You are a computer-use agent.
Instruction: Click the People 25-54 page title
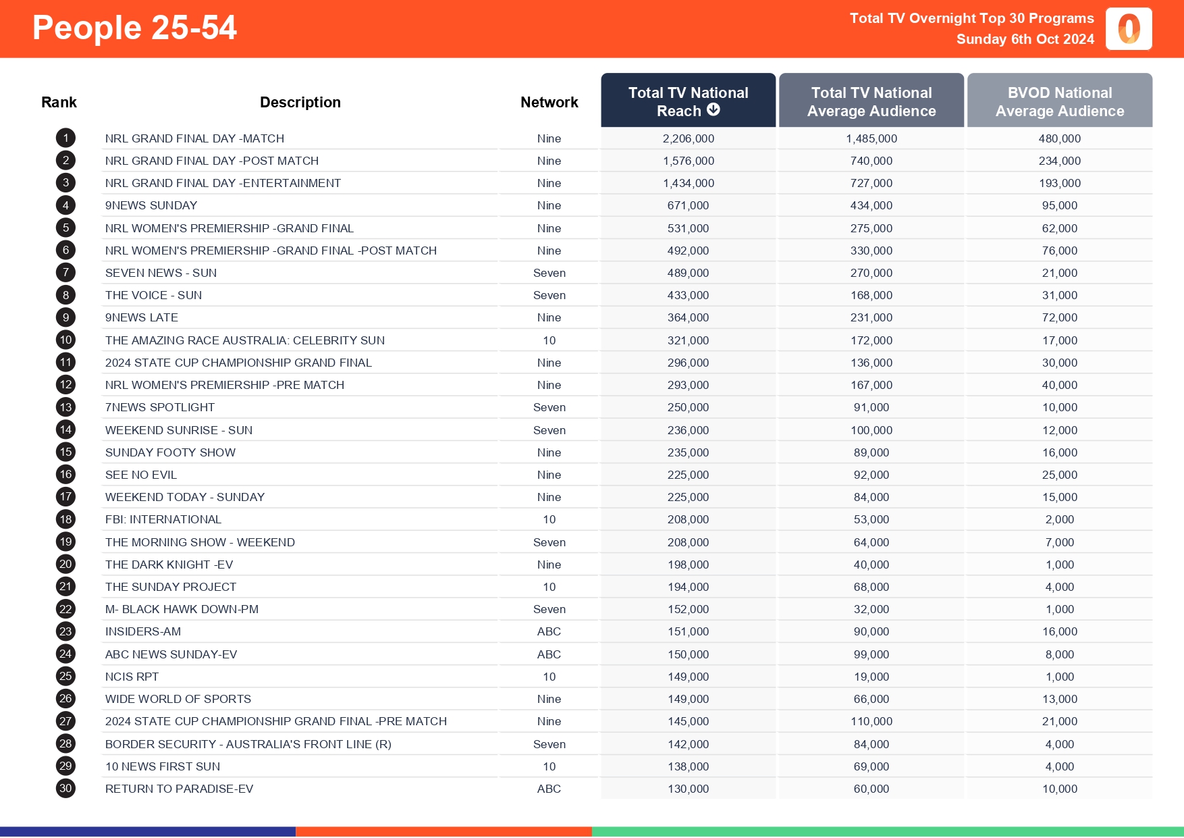[134, 28]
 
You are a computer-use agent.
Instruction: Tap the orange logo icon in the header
[1129, 29]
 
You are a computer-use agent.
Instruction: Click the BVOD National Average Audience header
[1059, 101]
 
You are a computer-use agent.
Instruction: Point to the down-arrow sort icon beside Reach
[714, 110]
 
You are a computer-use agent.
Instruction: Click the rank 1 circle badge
[65, 138]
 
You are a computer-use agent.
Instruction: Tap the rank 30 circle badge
[65, 789]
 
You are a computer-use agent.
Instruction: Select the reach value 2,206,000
[688, 138]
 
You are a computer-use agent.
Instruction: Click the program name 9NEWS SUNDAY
[151, 205]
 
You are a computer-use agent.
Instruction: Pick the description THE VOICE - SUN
[153, 295]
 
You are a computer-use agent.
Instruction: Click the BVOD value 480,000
[1059, 138]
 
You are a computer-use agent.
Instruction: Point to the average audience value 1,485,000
[871, 138]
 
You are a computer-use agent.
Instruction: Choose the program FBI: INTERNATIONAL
[163, 519]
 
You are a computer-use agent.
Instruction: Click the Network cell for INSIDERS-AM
[549, 631]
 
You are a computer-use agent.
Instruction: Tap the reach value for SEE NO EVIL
[688, 475]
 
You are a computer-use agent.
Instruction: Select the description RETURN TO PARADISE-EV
[179, 789]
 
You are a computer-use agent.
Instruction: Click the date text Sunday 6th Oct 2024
[1025, 39]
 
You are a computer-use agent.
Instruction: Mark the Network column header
[549, 102]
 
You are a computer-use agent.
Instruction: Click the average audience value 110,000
[871, 721]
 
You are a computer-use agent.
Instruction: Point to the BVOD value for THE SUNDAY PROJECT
[1059, 587]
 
